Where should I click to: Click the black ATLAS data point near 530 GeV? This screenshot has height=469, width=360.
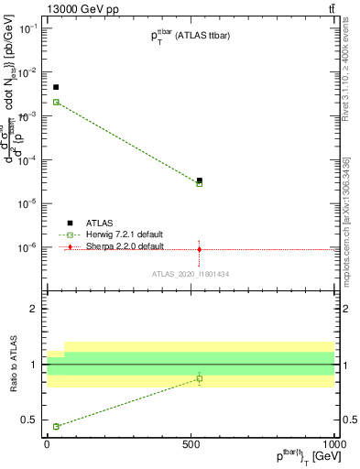coord(200,180)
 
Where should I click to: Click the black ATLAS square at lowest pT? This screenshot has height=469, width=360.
coord(56,87)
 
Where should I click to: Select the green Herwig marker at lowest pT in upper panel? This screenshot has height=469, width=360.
coord(56,102)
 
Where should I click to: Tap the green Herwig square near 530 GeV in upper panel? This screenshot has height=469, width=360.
coord(200,184)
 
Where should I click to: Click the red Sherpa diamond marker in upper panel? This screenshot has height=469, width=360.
coord(200,248)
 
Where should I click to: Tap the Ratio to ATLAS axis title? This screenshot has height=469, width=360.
coord(16,365)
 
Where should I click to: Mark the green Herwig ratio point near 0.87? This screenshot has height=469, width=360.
coord(200,378)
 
